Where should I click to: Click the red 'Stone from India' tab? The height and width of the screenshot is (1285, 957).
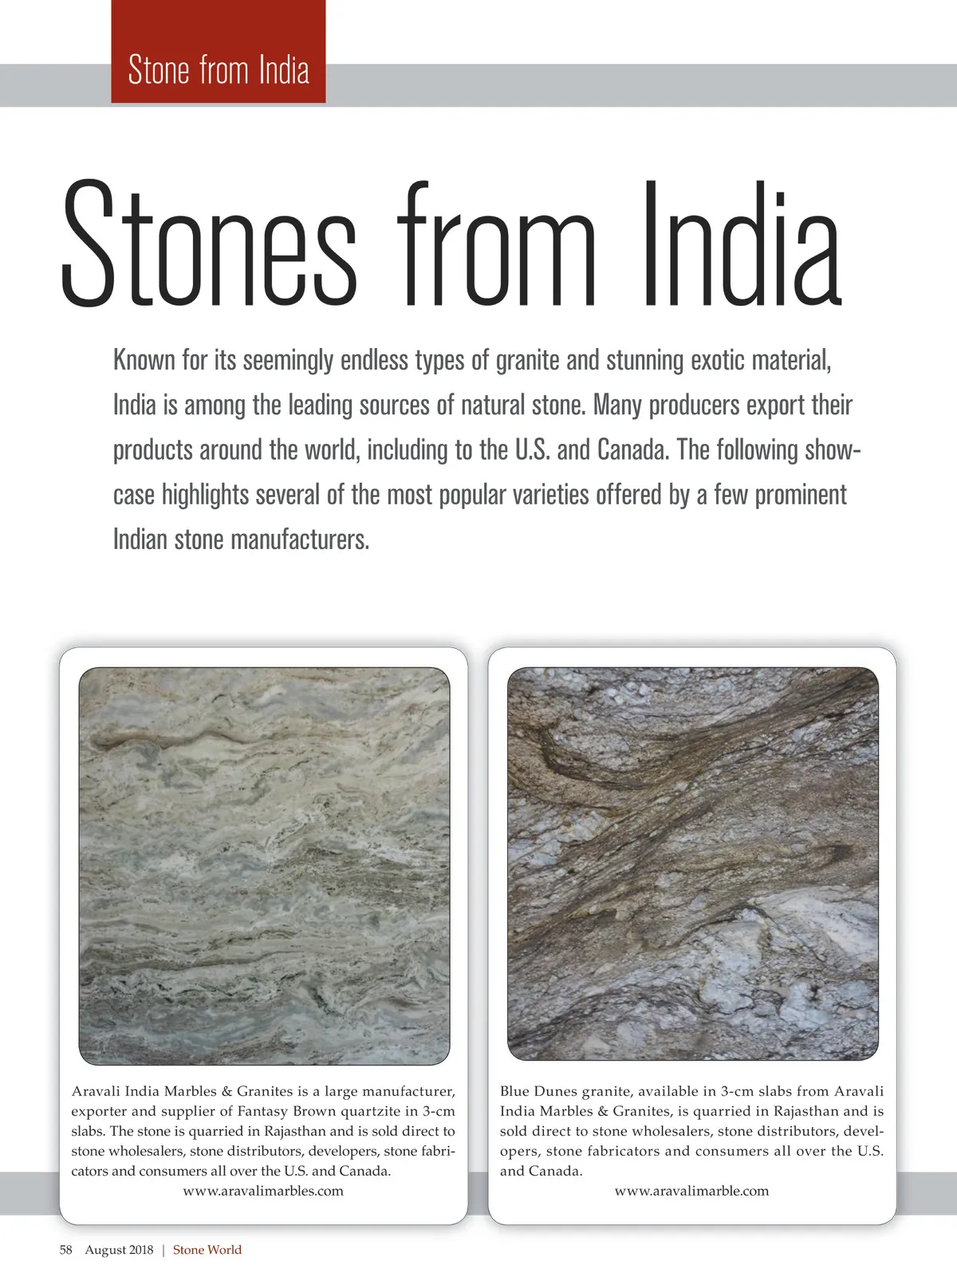click(218, 70)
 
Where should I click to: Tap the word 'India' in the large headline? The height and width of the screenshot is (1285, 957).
click(742, 243)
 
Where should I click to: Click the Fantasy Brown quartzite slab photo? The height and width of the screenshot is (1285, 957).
click(264, 866)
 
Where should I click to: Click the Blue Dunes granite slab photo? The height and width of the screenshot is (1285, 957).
click(692, 864)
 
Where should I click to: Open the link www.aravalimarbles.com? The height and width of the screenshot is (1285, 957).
click(263, 1192)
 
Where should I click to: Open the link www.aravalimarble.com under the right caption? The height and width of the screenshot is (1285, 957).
click(691, 1192)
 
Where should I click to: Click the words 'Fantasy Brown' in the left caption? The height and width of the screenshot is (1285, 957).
click(286, 1111)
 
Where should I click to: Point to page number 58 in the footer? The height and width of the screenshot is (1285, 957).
click(65, 1250)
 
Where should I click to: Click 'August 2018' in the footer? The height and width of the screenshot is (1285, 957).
click(119, 1250)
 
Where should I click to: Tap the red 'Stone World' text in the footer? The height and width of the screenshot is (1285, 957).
click(207, 1250)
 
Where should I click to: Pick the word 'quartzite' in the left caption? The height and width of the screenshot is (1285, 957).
click(378, 1111)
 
